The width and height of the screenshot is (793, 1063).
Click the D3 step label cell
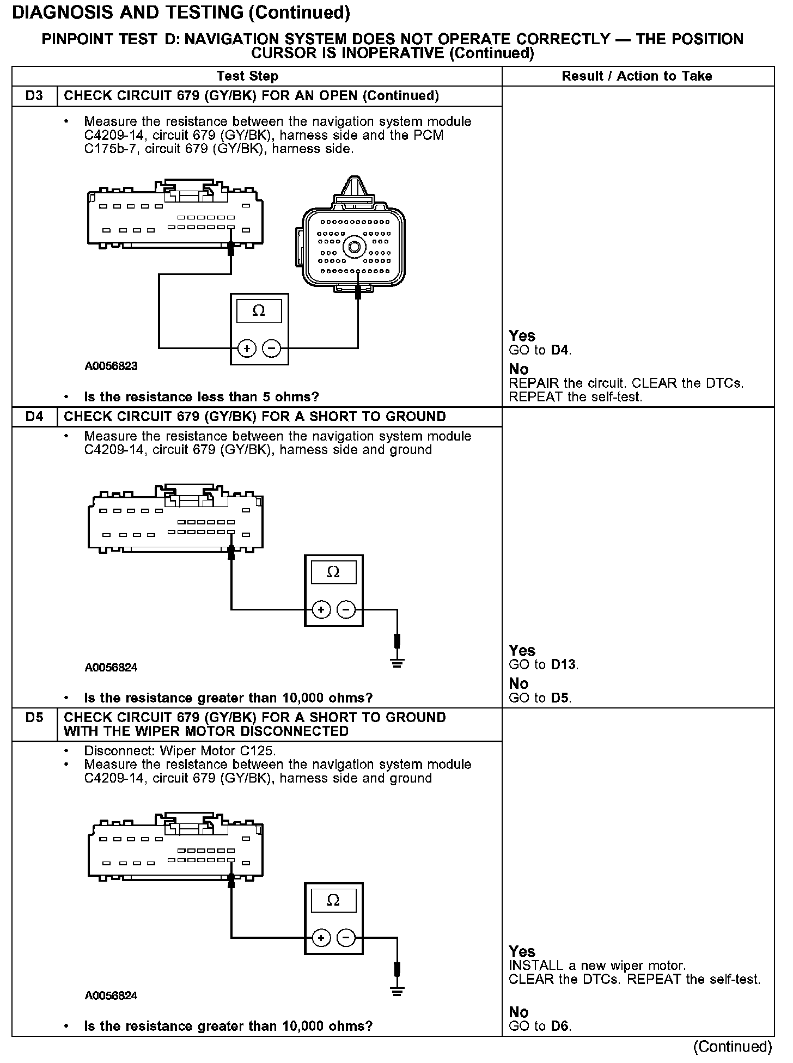click(34, 96)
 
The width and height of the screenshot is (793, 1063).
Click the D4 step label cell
click(34, 417)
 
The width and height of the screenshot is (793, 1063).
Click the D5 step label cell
click(34, 718)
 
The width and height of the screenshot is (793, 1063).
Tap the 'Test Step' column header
click(247, 76)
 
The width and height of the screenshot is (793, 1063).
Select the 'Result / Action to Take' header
click(637, 76)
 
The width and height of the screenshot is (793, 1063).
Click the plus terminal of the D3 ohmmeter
click(247, 348)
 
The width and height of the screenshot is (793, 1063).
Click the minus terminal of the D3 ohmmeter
click(271, 348)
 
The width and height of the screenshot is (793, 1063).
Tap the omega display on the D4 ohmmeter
click(333, 572)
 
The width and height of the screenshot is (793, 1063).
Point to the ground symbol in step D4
click(398, 663)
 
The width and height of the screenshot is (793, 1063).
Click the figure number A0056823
click(111, 366)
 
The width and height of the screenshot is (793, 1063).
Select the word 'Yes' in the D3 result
click(522, 336)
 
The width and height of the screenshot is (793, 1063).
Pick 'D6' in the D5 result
click(559, 1026)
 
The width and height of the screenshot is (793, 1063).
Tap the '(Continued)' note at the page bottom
click(732, 1046)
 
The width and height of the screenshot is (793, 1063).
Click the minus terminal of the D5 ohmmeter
click(346, 937)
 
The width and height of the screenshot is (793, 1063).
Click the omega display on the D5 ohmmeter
click(333, 900)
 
